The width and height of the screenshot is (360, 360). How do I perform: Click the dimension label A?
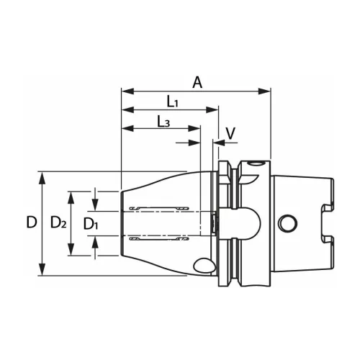point(197,82)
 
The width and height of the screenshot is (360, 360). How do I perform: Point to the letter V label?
point(230,133)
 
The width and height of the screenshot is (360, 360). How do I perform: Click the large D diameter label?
point(30,223)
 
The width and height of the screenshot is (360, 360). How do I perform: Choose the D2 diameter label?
point(58,223)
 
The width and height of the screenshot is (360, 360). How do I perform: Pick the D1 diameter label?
point(91,224)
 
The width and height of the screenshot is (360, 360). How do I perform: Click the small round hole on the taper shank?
point(289,222)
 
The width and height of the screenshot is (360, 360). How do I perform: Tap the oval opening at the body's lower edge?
point(204,266)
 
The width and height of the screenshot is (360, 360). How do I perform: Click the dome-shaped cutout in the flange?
point(247,222)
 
